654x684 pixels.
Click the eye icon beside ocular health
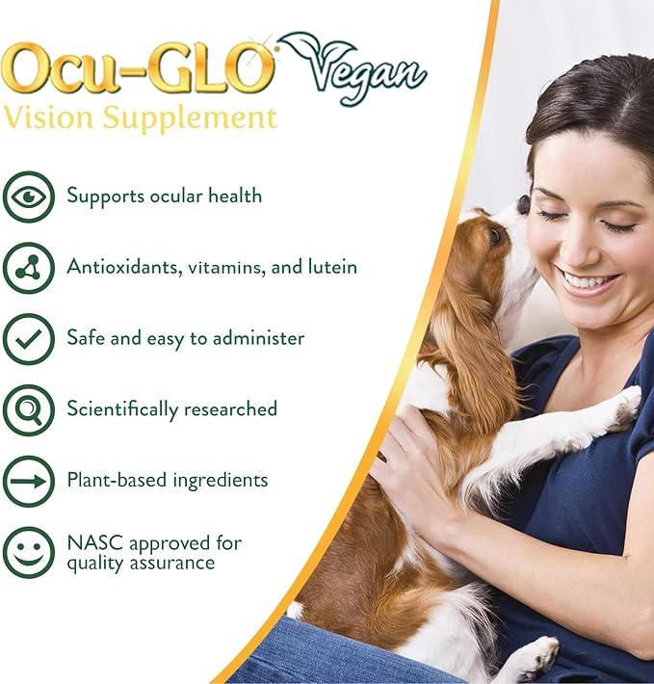coord(29,197)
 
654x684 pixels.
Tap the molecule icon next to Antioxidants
coord(29,268)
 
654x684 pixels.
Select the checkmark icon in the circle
coord(29,339)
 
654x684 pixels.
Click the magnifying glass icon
coord(29,410)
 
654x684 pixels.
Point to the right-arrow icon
coord(29,481)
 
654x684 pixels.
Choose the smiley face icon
coord(29,552)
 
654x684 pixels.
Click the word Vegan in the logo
coord(366,74)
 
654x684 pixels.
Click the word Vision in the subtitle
coord(48,118)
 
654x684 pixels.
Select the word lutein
coord(332,267)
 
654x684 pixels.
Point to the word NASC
coord(95,543)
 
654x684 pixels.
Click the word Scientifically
coord(122,409)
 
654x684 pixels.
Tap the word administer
coord(258,338)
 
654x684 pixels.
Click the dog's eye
coord(495,235)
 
